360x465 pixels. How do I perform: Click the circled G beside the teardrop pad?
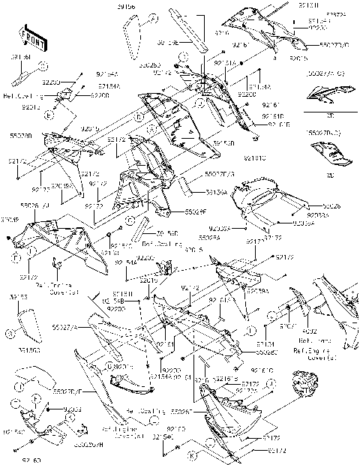[x=10, y=332]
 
